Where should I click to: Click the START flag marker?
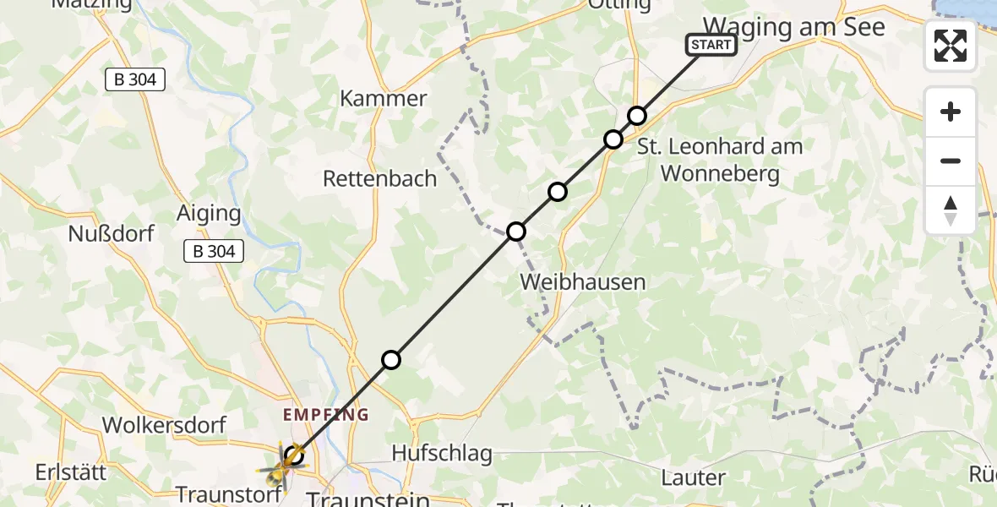pos(711,45)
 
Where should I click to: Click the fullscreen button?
pos(951,46)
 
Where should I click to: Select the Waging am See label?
pos(794,27)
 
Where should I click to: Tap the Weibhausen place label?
pos(583,281)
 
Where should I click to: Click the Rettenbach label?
pos(380,178)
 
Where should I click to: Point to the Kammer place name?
pos(384,98)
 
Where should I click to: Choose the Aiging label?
pos(209,213)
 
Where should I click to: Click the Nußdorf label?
pos(112,233)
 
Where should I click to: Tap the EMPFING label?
pos(327,415)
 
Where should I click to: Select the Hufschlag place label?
pos(442,453)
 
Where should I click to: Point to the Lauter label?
pos(694,477)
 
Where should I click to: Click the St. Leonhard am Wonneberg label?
pos(720,160)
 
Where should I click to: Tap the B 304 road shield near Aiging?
pos(214,250)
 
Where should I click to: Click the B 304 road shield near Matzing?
pos(134,80)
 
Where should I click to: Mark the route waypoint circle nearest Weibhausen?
pos(515,232)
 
